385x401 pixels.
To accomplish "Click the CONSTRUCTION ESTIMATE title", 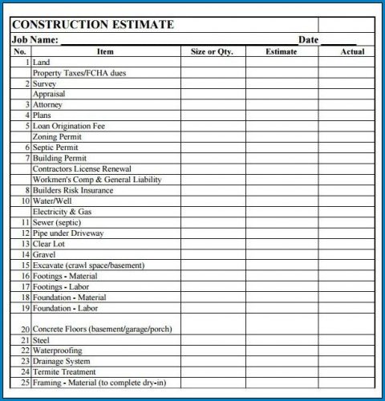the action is (92, 25).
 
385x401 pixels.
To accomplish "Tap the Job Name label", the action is (35, 39).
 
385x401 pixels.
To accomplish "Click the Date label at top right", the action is (309, 39).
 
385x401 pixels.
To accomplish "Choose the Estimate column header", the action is (281, 51).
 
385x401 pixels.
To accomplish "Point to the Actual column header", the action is (352, 51).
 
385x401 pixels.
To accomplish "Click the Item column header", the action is (105, 51).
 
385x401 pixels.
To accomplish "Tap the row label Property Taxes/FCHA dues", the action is (79, 73).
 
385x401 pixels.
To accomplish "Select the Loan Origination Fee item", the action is (69, 126).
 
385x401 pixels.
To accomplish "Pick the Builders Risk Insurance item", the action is (74, 190).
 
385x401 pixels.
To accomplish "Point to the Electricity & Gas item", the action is (63, 211).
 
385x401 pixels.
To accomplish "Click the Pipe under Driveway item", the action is (68, 233).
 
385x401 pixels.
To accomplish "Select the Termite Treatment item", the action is (64, 371).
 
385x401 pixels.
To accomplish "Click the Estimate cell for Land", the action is (281, 62).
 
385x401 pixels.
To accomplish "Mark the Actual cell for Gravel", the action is (352, 254).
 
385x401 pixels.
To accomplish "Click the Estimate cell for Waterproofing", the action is (281, 350).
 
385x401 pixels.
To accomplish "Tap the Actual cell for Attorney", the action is (352, 104).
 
